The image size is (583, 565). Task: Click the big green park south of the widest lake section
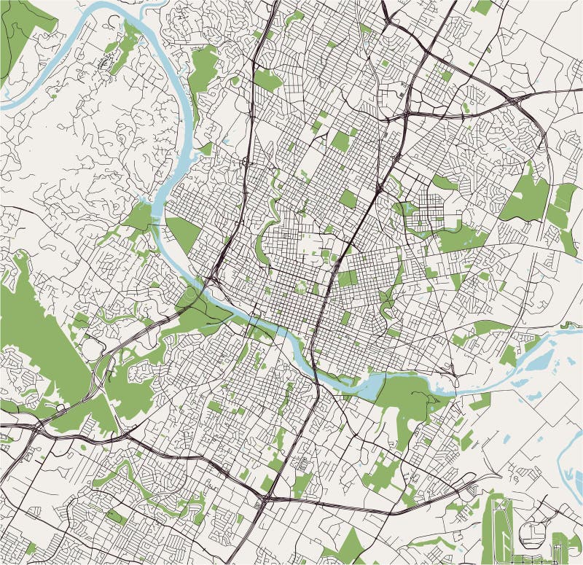click(408, 405)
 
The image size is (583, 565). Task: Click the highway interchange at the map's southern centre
click(264, 501)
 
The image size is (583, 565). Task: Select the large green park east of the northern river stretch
click(204, 73)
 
